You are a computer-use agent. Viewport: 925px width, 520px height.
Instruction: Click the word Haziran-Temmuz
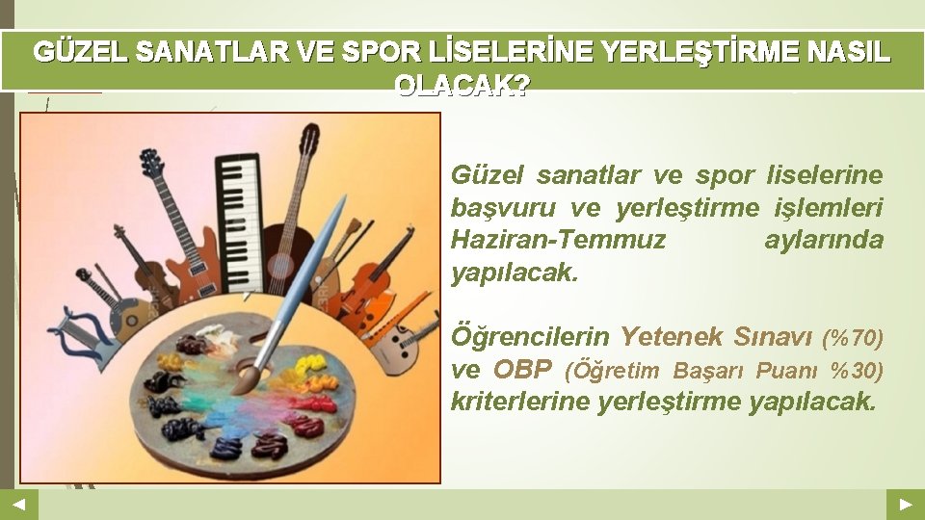pyautogui.click(x=558, y=240)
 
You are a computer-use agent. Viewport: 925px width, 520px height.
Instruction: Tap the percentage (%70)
pyautogui.click(x=852, y=338)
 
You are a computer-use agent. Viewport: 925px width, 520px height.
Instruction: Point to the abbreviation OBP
pyautogui.click(x=523, y=370)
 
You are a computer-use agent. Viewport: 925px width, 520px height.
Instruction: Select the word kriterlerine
pyautogui.click(x=520, y=402)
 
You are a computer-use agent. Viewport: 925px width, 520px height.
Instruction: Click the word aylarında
pyautogui.click(x=823, y=240)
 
